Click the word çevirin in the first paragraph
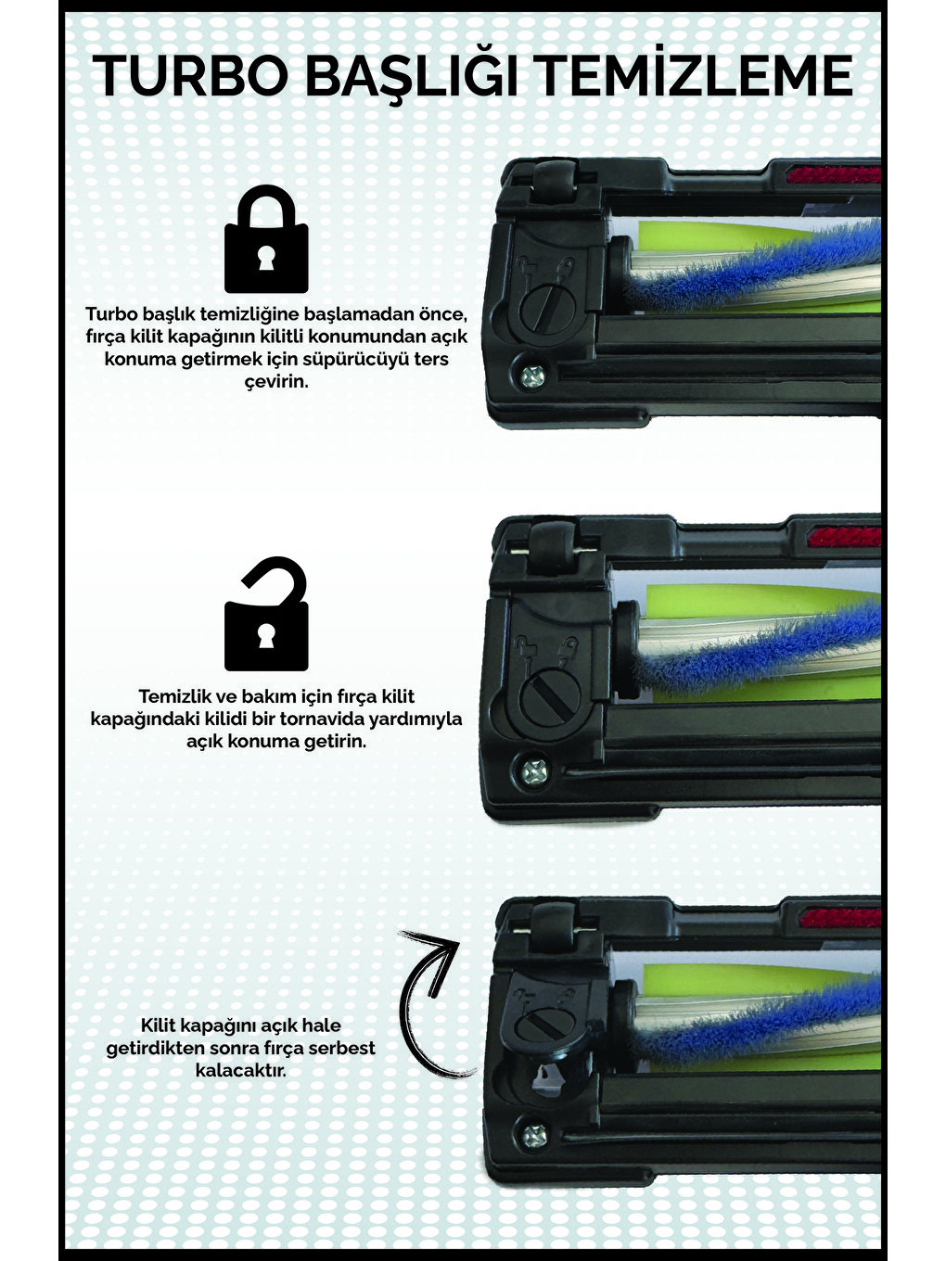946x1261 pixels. pos(276,381)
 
